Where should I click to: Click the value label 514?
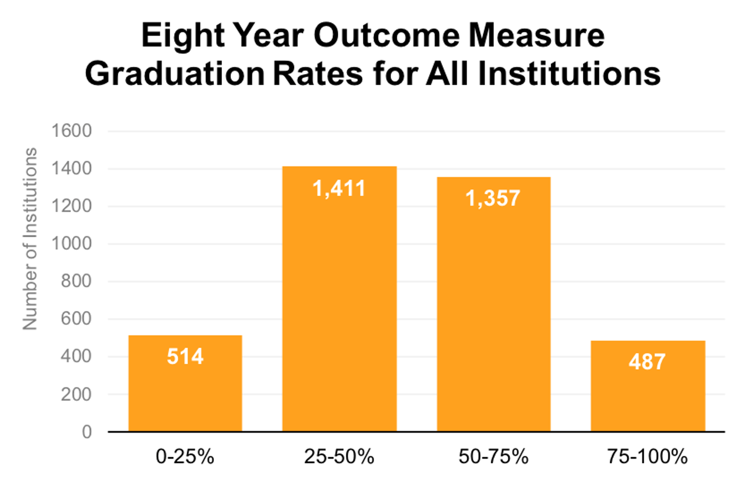[185, 357]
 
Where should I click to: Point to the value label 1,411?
[339, 189]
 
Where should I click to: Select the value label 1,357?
[493, 198]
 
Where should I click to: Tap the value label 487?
[647, 362]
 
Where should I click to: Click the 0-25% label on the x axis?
[185, 457]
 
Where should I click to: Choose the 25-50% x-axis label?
[339, 457]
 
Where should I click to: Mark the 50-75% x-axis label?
[493, 457]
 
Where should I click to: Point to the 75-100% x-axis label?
[647, 457]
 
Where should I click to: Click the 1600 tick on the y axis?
[71, 131]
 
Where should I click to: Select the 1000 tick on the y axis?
[71, 244]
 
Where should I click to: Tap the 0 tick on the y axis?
[87, 432]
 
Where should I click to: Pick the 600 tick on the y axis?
[76, 319]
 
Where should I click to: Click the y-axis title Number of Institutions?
[30, 239]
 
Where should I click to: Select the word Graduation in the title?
[175, 74]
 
